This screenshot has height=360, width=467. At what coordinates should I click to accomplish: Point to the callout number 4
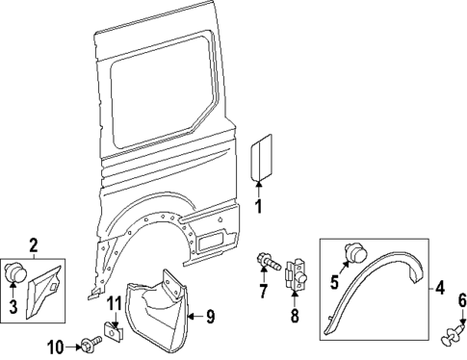tap(441, 286)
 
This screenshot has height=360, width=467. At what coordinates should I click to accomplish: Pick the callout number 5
tap(335, 283)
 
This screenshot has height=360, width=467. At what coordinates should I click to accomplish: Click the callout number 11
tap(115, 306)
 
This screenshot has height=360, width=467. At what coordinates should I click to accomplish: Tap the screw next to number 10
tap(90, 343)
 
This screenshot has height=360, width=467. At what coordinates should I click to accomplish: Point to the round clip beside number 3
tap(16, 273)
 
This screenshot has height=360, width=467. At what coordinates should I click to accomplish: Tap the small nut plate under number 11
tap(115, 333)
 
